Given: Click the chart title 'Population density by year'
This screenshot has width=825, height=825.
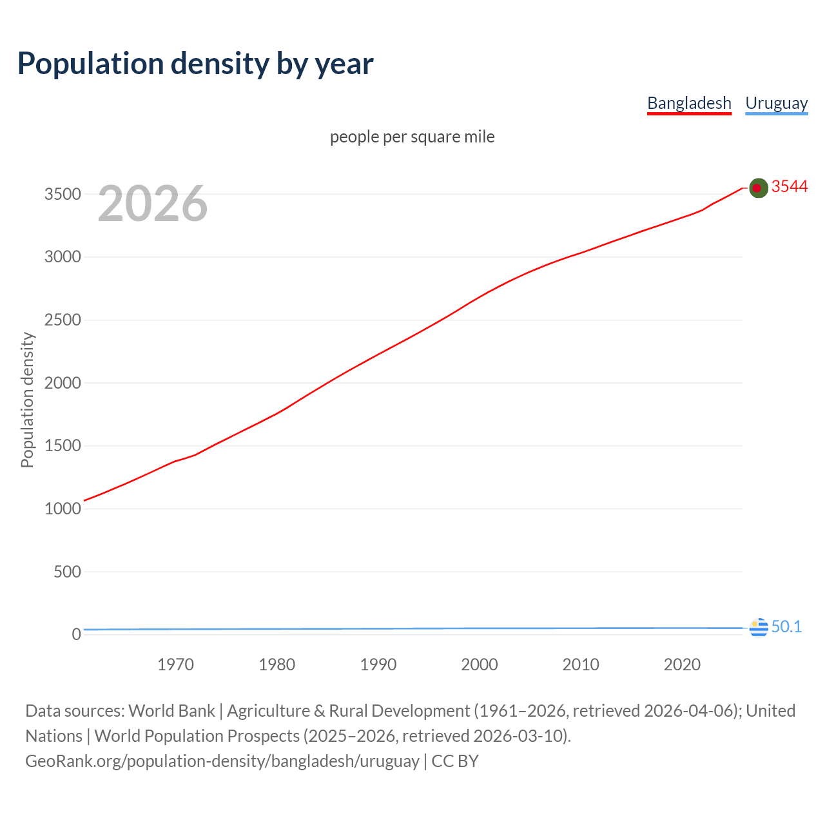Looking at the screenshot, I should tap(195, 64).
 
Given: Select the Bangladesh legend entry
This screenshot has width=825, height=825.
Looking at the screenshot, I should tap(689, 103).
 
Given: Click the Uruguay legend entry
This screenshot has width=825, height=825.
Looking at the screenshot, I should tap(776, 103).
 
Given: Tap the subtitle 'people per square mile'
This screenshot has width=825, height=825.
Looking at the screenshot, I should tap(412, 137).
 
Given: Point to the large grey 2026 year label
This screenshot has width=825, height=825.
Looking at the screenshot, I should tap(153, 204).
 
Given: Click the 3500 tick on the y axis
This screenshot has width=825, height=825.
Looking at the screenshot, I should tap(63, 194).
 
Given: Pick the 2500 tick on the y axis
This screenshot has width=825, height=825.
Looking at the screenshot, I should tap(63, 320).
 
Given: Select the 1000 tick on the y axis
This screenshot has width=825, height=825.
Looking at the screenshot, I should tap(63, 509).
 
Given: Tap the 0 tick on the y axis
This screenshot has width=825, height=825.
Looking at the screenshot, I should tap(77, 634).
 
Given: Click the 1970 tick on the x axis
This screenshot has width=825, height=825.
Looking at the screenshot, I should tap(175, 665).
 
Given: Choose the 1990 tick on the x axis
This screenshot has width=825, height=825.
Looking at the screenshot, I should tap(378, 665).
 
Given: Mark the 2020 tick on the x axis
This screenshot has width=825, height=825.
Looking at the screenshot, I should tap(682, 665).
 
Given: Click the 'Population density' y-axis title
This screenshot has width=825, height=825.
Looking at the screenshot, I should tap(27, 400).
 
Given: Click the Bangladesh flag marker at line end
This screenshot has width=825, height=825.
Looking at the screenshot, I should tap(759, 188).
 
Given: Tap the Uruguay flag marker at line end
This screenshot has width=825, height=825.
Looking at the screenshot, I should tap(759, 627).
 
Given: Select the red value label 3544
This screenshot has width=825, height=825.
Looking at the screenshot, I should tap(790, 186).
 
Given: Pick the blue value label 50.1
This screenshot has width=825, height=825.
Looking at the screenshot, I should tap(786, 626).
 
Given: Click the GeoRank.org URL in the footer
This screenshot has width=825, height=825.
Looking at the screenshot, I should tap(222, 761).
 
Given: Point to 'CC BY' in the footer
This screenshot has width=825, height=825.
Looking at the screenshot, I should tap(455, 761).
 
